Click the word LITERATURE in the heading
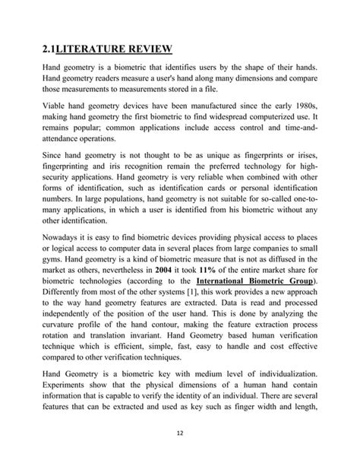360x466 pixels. (x=99, y=51)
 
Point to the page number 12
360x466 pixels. (x=180, y=434)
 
